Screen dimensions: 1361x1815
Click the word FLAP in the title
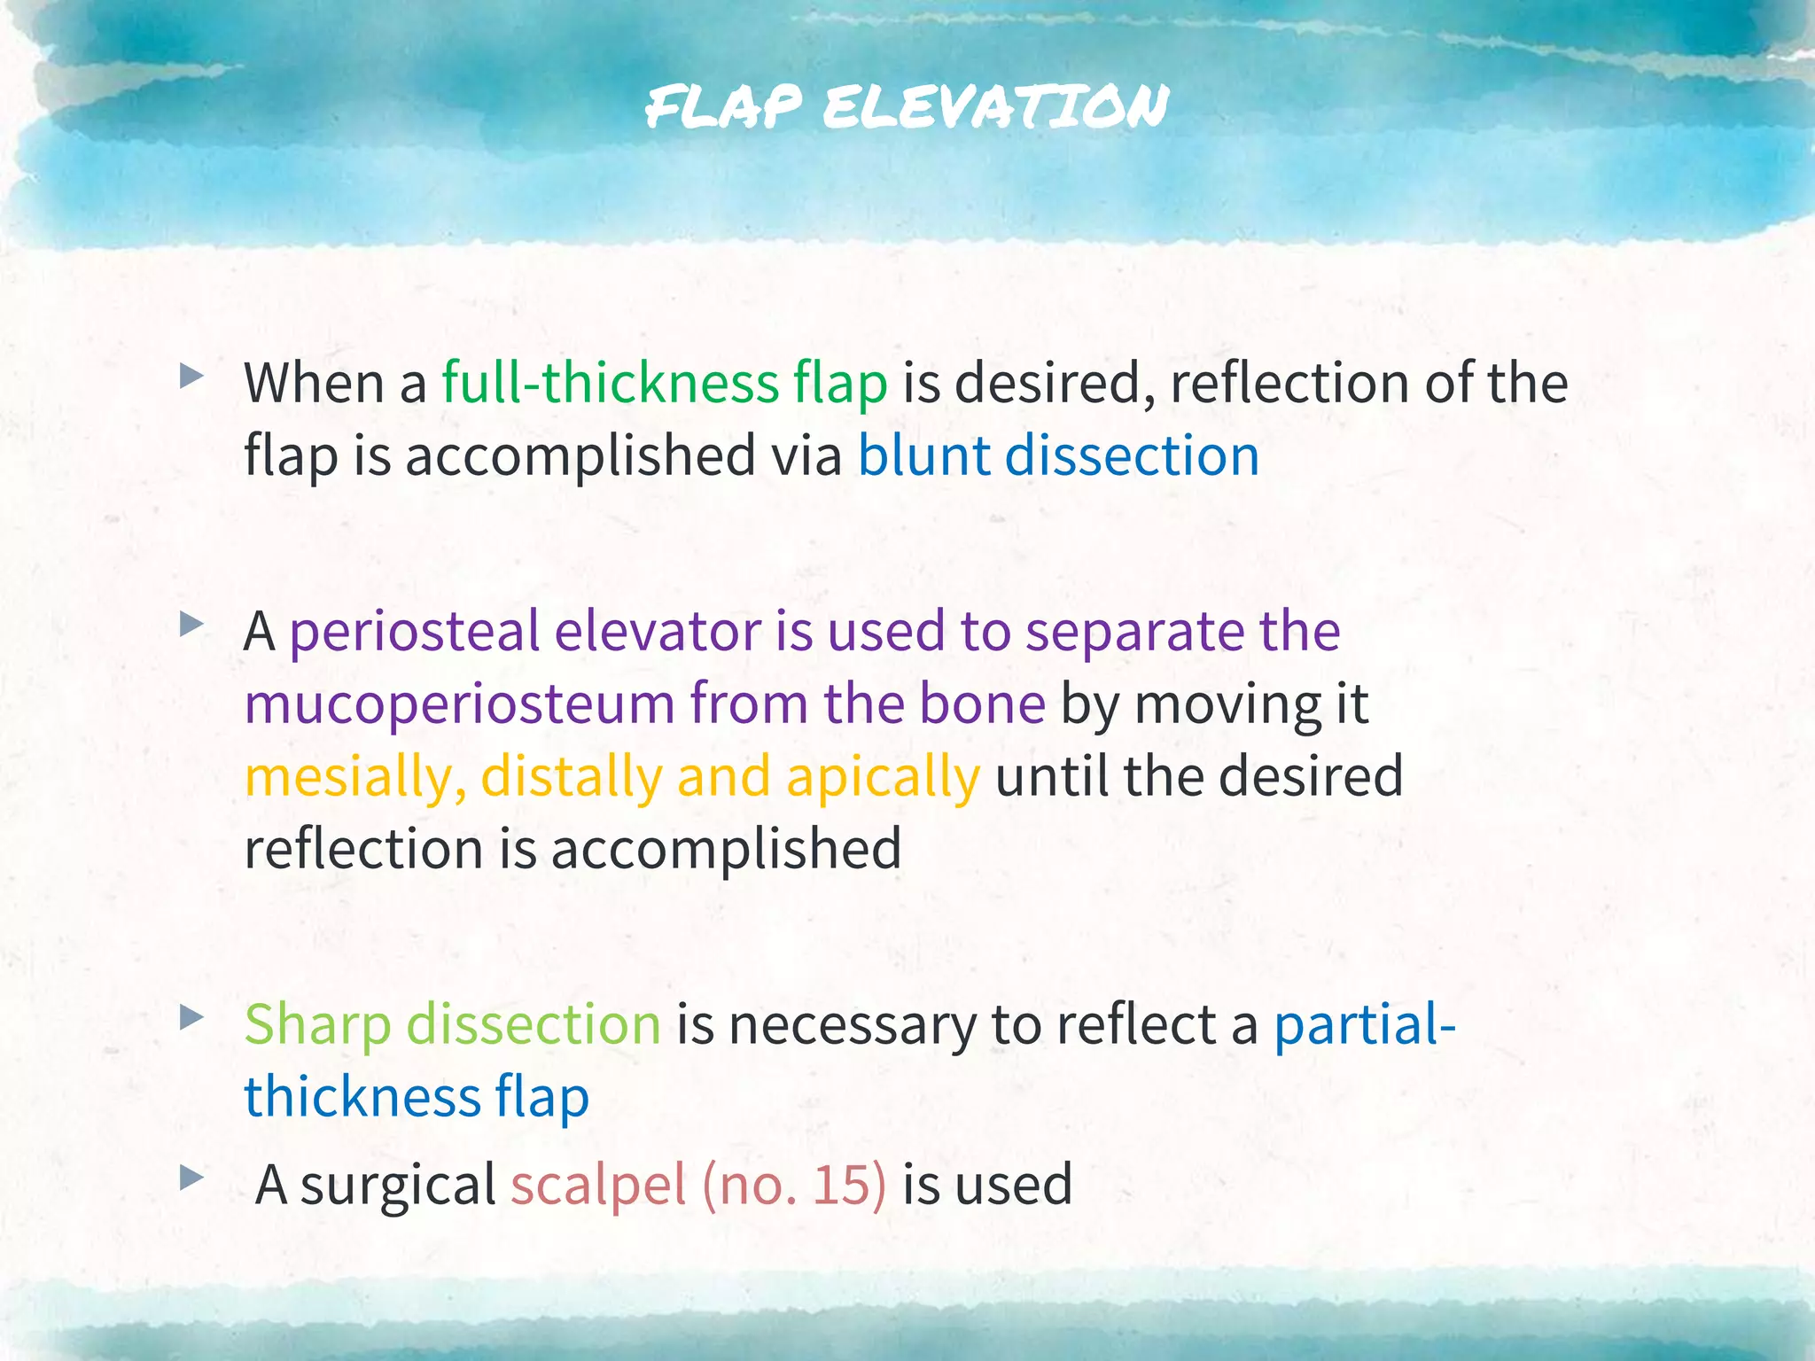coord(723,106)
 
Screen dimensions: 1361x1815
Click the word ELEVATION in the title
coord(995,106)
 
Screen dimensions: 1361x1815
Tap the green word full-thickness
coord(611,384)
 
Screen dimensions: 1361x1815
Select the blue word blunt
coord(923,456)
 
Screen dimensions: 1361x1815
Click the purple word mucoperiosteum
coord(460,704)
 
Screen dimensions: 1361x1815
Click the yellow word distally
coord(571,777)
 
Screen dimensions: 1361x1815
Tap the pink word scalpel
coord(598,1185)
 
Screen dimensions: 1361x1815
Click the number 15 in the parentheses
coord(837,1185)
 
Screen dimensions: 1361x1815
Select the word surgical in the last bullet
coord(398,1185)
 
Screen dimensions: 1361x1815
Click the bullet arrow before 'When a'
coord(191,377)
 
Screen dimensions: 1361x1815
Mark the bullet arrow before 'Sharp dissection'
coord(191,1018)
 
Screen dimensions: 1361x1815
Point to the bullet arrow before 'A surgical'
coord(191,1178)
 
